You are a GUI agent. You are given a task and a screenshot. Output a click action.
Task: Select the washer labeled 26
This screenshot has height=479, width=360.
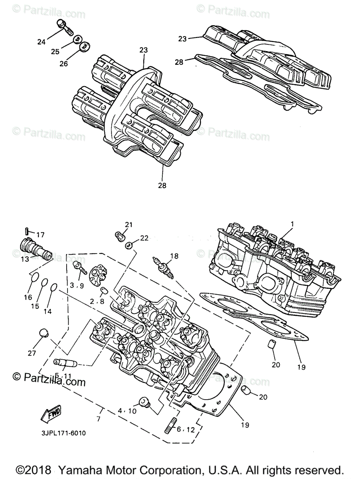coord(84,47)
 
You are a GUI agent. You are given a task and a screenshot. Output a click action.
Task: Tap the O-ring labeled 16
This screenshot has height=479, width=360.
coord(35,277)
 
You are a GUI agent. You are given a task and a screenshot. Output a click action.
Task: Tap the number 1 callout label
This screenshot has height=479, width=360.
coord(292,225)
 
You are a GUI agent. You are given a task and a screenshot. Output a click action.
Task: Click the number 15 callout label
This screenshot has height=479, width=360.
coord(35,306)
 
